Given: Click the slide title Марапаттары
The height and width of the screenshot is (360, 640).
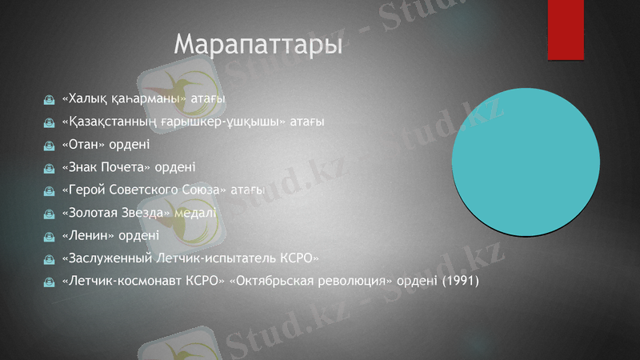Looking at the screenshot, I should (258, 44).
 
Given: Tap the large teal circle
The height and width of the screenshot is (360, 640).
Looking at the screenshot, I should (526, 162).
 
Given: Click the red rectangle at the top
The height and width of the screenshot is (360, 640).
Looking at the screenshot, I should (566, 30).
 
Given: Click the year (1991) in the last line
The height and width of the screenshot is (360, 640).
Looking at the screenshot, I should (460, 282).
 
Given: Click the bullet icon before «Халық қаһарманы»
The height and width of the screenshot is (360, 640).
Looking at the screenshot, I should (49, 99).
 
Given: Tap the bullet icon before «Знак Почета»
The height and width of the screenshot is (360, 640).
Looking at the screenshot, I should (49, 168).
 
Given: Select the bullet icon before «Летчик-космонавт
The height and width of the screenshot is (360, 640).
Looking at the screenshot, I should (49, 282).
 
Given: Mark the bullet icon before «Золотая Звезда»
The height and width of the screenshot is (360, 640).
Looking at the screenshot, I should (49, 214).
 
